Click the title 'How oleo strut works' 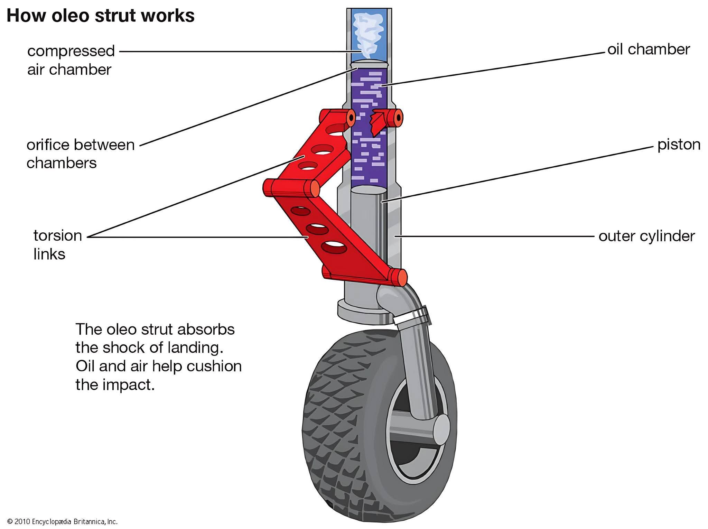(x=101, y=16)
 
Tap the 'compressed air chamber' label (x=71, y=60)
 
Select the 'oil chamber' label (x=649, y=49)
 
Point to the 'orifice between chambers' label (x=81, y=154)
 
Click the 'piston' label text (x=679, y=145)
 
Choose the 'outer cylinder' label (x=647, y=236)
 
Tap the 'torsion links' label (x=58, y=245)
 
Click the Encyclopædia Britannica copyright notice (x=63, y=521)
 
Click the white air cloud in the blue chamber (x=369, y=35)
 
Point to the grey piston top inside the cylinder (x=369, y=190)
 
